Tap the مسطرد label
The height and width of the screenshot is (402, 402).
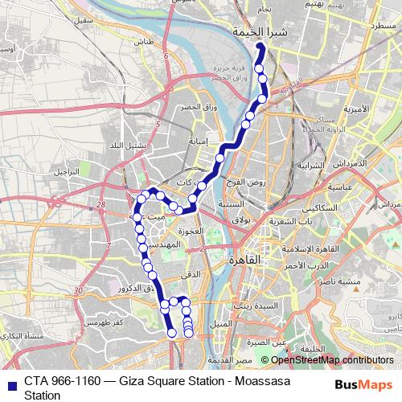pyautogui.click(x=366, y=27)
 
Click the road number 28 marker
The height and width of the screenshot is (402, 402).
pyautogui.click(x=102, y=206)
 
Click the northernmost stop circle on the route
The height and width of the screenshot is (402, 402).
pyautogui.click(x=259, y=47)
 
